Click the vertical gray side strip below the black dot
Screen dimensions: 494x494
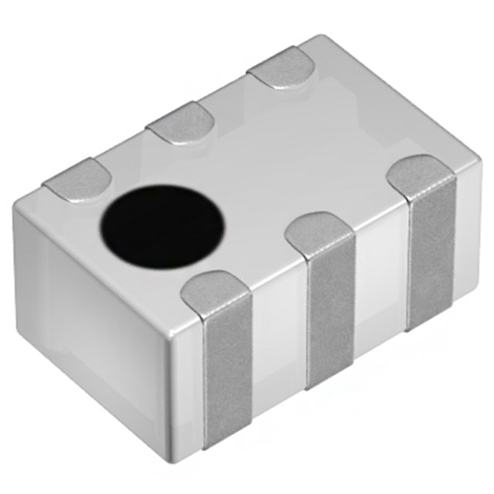coord(228,370)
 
